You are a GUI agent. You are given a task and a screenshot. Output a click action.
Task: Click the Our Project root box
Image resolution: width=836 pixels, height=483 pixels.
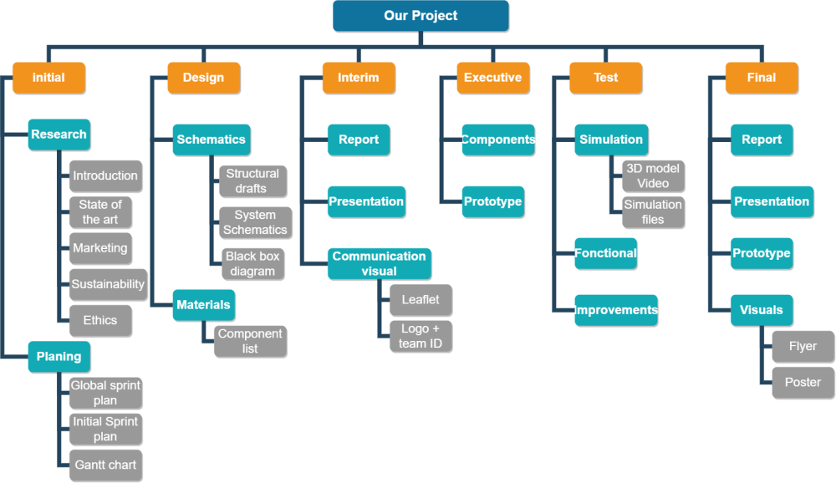click(x=421, y=16)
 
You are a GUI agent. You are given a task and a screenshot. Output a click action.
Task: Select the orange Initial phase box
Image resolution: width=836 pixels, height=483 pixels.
click(x=48, y=78)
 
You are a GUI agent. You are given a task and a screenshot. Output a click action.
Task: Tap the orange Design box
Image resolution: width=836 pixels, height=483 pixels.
click(x=203, y=78)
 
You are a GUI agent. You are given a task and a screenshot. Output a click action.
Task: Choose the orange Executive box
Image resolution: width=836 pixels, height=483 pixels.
click(x=492, y=78)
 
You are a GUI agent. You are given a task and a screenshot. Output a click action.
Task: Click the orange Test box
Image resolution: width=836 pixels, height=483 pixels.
click(x=605, y=78)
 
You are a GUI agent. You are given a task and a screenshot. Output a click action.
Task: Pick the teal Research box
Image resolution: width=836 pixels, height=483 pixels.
click(x=59, y=135)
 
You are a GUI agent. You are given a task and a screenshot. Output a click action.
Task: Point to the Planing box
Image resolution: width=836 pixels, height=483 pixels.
click(x=59, y=357)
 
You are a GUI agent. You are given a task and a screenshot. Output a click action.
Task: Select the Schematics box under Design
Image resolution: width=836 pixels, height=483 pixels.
click(x=211, y=140)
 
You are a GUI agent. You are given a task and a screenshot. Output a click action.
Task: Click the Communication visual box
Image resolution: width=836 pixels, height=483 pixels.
click(x=379, y=263)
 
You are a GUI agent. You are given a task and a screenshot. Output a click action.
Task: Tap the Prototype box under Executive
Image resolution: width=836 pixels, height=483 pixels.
click(x=492, y=201)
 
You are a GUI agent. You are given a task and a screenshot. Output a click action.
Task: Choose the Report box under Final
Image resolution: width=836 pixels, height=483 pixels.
click(x=762, y=140)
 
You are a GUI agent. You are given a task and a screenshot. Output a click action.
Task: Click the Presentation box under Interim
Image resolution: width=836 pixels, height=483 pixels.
click(x=366, y=201)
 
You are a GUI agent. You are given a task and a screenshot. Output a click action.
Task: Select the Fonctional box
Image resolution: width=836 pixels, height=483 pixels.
click(x=605, y=253)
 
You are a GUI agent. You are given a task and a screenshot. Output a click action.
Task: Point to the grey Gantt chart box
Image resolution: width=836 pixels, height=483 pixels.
click(x=105, y=465)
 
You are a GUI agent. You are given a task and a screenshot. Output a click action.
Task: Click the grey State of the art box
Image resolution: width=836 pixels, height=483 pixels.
click(x=100, y=211)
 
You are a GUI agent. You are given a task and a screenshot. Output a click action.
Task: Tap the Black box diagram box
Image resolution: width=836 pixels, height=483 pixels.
click(x=252, y=263)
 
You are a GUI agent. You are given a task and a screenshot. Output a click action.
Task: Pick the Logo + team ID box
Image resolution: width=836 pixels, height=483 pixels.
click(x=420, y=336)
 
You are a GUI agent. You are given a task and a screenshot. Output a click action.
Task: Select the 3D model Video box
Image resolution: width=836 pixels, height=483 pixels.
click(x=653, y=175)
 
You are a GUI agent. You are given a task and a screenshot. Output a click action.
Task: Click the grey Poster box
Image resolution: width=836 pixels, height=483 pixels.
click(x=803, y=382)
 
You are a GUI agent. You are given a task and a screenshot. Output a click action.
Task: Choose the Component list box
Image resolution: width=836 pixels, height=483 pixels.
click(x=250, y=341)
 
